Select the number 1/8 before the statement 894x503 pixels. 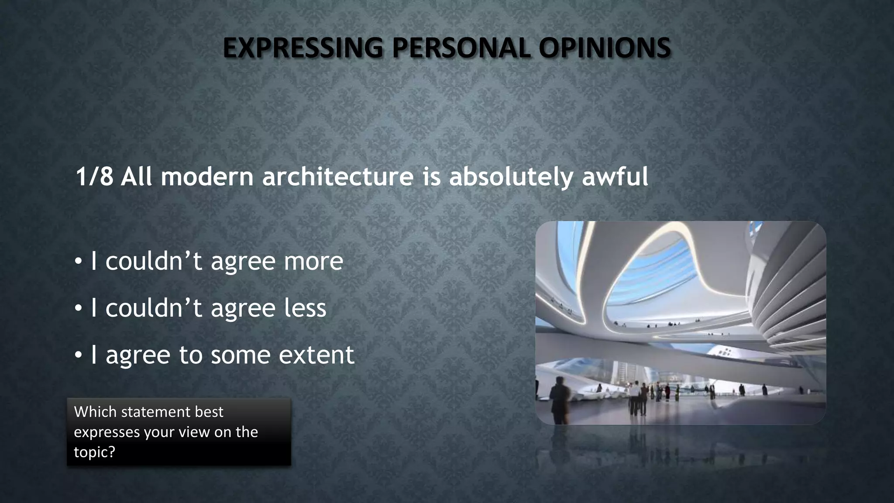(94, 177)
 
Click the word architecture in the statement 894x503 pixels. (337, 177)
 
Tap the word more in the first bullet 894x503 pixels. (313, 262)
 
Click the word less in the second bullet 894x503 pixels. (305, 308)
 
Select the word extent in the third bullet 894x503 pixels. (316, 355)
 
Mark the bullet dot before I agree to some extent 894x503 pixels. (78, 355)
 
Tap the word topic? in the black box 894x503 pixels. (94, 452)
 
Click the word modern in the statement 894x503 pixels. (207, 177)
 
